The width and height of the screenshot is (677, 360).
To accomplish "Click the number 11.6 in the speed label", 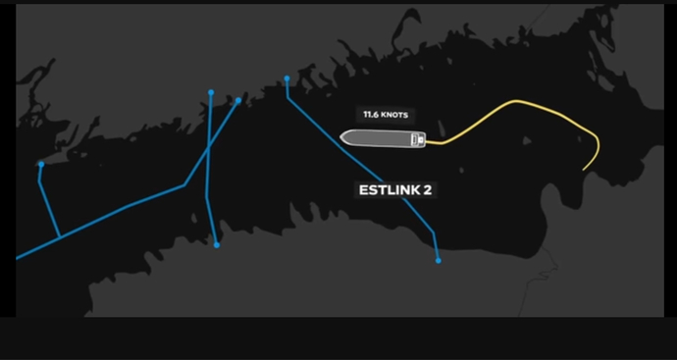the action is (370, 115).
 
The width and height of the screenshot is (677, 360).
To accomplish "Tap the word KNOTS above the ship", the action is (393, 115).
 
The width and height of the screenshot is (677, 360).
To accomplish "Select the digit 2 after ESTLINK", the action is (427, 190).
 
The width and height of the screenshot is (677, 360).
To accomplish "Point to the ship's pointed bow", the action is (340, 137).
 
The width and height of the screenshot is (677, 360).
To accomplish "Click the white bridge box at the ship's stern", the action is (418, 139).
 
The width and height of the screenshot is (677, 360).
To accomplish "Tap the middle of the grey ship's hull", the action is (383, 138).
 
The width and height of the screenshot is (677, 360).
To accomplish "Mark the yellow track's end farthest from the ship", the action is (584, 170).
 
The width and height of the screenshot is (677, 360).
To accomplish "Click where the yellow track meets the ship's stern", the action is (427, 141).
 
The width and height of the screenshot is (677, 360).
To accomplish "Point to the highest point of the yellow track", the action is (516, 101).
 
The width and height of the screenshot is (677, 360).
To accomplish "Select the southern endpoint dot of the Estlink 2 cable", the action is (439, 261).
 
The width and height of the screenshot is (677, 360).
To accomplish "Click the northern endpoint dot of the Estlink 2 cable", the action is (286, 78).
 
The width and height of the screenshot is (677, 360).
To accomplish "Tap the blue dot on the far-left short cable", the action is (41, 164).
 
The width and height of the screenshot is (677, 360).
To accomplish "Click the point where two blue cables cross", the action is (209, 148).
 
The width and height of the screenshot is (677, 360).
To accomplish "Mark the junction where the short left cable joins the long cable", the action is (60, 237).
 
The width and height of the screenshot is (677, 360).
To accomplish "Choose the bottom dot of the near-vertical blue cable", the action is (217, 245).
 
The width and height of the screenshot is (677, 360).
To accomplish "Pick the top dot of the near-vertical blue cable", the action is (211, 92).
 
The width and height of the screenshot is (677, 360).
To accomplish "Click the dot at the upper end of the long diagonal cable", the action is (238, 101).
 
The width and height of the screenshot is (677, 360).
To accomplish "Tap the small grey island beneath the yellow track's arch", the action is (527, 140).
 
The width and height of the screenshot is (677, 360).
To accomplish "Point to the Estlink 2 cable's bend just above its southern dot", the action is (433, 233).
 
